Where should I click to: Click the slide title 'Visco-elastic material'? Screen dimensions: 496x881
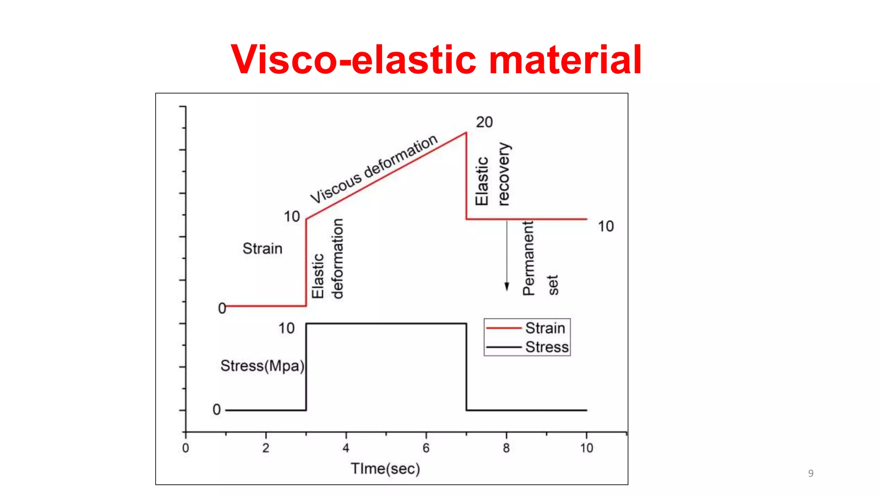click(x=436, y=60)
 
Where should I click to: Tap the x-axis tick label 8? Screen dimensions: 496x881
click(x=506, y=448)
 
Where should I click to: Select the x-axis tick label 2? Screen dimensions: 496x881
click(x=266, y=448)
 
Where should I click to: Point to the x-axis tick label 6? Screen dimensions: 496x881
click(x=426, y=448)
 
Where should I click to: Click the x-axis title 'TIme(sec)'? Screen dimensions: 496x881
click(x=385, y=468)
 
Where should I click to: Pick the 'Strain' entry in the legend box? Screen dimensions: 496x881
click(x=545, y=328)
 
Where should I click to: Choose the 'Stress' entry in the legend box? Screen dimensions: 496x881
click(x=547, y=347)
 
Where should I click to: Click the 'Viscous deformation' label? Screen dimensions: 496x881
click(x=373, y=169)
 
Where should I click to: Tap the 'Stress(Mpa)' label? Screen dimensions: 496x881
click(x=262, y=366)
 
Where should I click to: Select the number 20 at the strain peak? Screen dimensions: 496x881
click(x=484, y=122)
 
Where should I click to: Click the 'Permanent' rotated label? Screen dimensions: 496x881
click(x=528, y=258)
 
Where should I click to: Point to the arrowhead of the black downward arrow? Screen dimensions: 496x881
click(x=507, y=287)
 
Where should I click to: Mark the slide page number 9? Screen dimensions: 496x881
click(x=811, y=473)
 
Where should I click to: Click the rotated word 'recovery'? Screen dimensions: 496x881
click(x=503, y=174)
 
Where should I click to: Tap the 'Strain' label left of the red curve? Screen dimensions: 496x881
click(x=262, y=248)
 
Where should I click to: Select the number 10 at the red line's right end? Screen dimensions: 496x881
click(x=606, y=226)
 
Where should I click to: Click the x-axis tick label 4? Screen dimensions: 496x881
click(x=346, y=448)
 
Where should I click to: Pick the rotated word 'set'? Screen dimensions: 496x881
click(x=553, y=285)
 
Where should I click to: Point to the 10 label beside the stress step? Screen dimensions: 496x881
click(x=286, y=329)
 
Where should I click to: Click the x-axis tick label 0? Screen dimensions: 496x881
click(x=185, y=448)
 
